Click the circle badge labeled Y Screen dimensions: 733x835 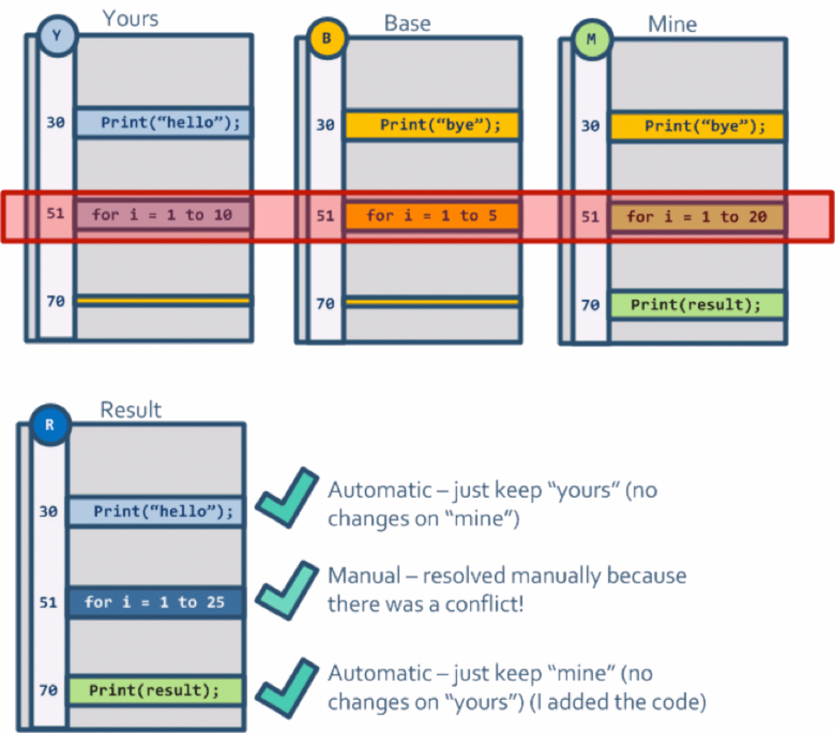[x=57, y=35]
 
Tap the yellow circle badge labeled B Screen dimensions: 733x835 [x=327, y=38]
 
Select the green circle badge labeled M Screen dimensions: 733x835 [x=591, y=39]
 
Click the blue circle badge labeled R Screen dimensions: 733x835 [x=50, y=425]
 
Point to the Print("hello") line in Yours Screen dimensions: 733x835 [x=164, y=123]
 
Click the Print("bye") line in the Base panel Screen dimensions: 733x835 [x=432, y=125]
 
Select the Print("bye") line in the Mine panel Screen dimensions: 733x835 [x=698, y=126]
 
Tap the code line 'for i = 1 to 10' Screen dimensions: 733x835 [x=163, y=215]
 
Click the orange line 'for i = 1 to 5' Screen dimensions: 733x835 [x=432, y=216]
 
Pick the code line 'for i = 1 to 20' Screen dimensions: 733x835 [x=697, y=217]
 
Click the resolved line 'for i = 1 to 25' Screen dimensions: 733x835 [x=156, y=603]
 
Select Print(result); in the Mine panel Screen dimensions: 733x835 [x=697, y=305]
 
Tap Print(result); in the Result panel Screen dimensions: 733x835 [x=156, y=691]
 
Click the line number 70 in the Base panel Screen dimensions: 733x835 [x=325, y=304]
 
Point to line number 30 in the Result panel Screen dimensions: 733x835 [x=49, y=511]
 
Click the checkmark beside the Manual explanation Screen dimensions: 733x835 [x=287, y=590]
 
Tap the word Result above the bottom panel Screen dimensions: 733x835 [x=130, y=410]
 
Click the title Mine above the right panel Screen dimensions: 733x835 [x=672, y=25]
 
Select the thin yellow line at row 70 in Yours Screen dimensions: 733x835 [x=164, y=301]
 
